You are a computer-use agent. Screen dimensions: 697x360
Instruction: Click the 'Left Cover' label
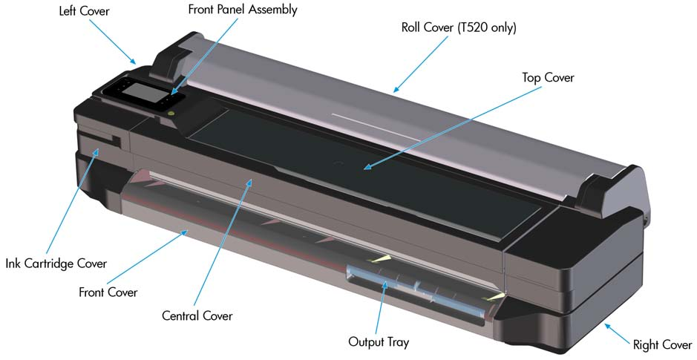(85, 10)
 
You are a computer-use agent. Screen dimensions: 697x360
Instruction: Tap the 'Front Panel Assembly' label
(243, 10)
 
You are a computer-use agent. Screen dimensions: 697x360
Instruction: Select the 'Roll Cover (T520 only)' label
(459, 27)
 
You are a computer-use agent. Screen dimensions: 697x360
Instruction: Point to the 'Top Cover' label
(548, 78)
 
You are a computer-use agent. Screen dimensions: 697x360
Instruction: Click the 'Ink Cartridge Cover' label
(56, 264)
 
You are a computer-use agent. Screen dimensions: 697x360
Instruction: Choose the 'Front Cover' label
(108, 292)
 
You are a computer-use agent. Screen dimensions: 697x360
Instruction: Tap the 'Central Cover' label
(197, 316)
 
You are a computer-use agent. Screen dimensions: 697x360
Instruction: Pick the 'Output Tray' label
(379, 342)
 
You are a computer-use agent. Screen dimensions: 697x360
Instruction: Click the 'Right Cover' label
(662, 344)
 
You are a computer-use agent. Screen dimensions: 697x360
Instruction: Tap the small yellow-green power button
(171, 114)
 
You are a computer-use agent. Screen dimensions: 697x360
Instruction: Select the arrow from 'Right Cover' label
(618, 333)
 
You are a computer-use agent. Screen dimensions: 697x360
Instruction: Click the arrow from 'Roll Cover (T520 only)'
(421, 64)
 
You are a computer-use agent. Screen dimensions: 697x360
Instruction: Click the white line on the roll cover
(376, 125)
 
